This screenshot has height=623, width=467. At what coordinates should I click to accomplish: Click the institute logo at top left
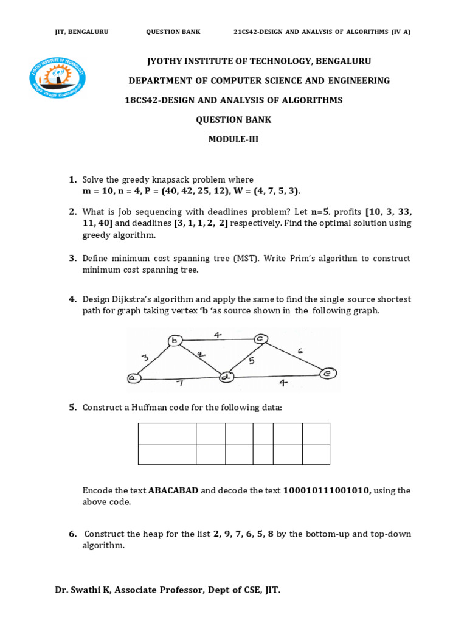(x=58, y=78)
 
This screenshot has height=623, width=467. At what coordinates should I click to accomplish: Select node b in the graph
(x=175, y=341)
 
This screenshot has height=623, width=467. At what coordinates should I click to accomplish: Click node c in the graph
(x=260, y=338)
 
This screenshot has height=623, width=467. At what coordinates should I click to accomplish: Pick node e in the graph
(x=328, y=374)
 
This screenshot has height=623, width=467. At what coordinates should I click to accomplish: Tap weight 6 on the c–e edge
(x=300, y=350)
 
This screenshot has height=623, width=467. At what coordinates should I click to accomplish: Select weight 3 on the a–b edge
(x=145, y=358)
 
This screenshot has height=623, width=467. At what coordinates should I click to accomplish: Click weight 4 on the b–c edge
(x=218, y=333)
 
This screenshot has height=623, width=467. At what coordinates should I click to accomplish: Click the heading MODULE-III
(x=233, y=139)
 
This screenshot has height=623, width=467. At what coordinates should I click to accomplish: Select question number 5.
(x=72, y=407)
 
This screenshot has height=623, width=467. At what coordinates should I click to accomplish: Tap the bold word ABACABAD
(x=173, y=490)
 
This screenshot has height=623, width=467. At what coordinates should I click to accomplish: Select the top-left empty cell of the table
(x=167, y=434)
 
